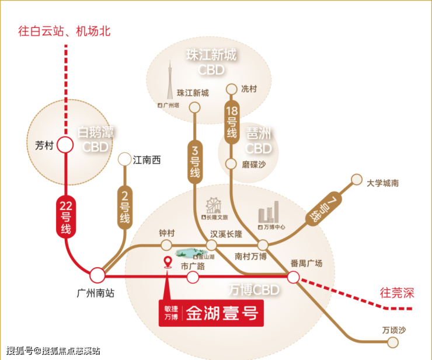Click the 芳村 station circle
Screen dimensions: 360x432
point(64,145)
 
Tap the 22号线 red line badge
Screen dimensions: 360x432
point(65,216)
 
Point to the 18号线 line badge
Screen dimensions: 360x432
point(231,122)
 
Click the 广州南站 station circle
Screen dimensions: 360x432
point(97,275)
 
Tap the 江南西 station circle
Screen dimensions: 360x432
point(124,159)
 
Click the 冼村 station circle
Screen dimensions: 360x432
point(232,89)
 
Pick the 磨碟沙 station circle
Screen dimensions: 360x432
point(232,165)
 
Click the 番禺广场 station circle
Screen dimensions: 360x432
point(294,277)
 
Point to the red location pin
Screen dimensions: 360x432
point(168,261)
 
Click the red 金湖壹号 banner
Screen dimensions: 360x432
point(208,314)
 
